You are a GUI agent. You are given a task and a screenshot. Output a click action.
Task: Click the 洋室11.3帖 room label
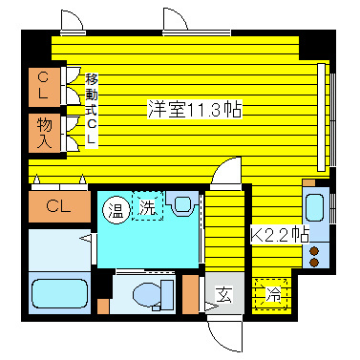click(x=193, y=108)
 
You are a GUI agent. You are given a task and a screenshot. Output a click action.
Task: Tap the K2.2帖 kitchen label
click(x=280, y=233)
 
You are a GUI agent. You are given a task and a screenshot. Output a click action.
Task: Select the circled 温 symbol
click(x=116, y=206)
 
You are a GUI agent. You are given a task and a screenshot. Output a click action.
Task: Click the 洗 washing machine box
click(x=147, y=205)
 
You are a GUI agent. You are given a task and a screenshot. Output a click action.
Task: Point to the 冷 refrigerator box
click(x=273, y=294)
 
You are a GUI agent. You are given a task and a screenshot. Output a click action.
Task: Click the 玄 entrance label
click(x=221, y=294)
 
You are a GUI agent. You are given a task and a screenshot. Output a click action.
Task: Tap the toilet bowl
click(x=146, y=292)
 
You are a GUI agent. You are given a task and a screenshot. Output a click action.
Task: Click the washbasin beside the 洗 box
click(x=181, y=203)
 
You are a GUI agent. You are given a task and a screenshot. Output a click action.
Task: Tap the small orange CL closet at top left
click(x=45, y=85)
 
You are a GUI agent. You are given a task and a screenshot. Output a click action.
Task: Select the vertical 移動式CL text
click(x=92, y=109)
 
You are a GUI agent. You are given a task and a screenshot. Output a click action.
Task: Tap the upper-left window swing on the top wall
click(x=72, y=23)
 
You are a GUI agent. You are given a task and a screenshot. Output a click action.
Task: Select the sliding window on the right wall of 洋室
click(x=331, y=115)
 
